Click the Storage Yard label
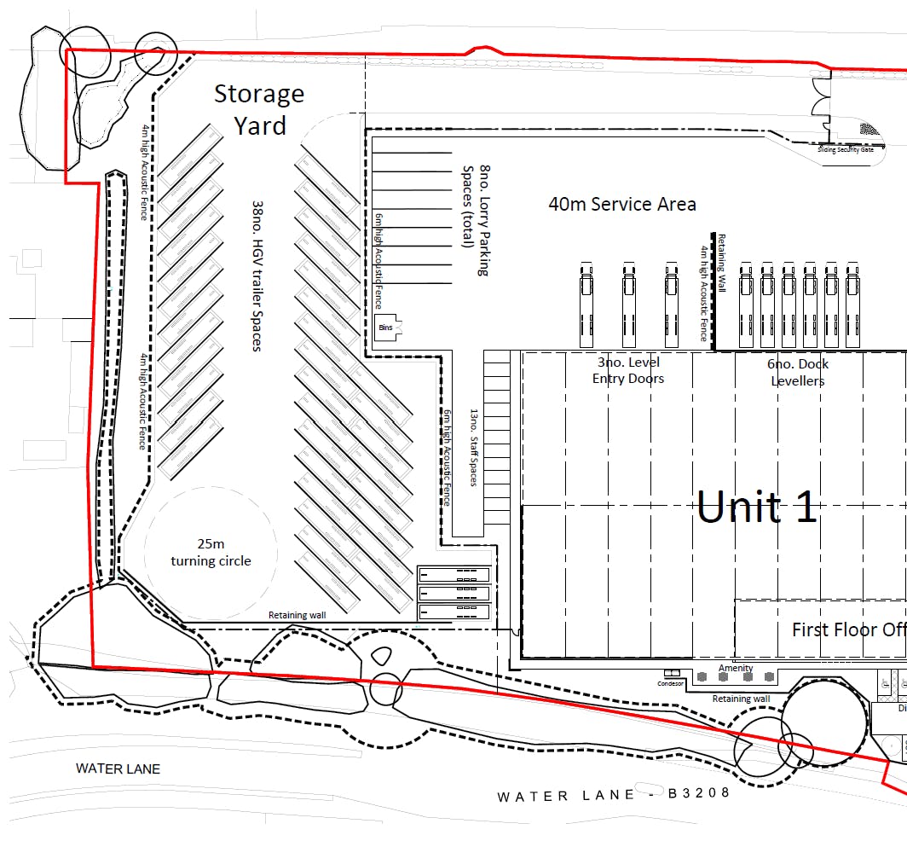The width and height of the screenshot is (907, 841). (259, 109)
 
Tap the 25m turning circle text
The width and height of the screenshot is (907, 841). (211, 552)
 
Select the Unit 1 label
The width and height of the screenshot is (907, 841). (757, 507)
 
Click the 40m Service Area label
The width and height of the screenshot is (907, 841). (622, 204)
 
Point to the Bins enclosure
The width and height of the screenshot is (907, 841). (386, 327)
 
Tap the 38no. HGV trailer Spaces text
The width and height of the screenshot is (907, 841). (256, 276)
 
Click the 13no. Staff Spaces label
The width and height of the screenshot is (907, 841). (474, 447)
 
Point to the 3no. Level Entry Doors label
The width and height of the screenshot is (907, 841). (628, 371)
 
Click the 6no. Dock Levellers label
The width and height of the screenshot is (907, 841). (799, 372)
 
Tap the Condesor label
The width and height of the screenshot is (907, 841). (671, 683)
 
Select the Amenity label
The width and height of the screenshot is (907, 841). (736, 668)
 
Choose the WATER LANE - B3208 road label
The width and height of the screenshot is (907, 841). (614, 794)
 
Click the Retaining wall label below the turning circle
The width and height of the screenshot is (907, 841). (297, 615)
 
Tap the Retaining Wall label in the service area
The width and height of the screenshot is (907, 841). (721, 264)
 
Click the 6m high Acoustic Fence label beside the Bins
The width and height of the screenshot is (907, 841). (378, 261)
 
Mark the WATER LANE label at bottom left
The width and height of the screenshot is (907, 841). (118, 768)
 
